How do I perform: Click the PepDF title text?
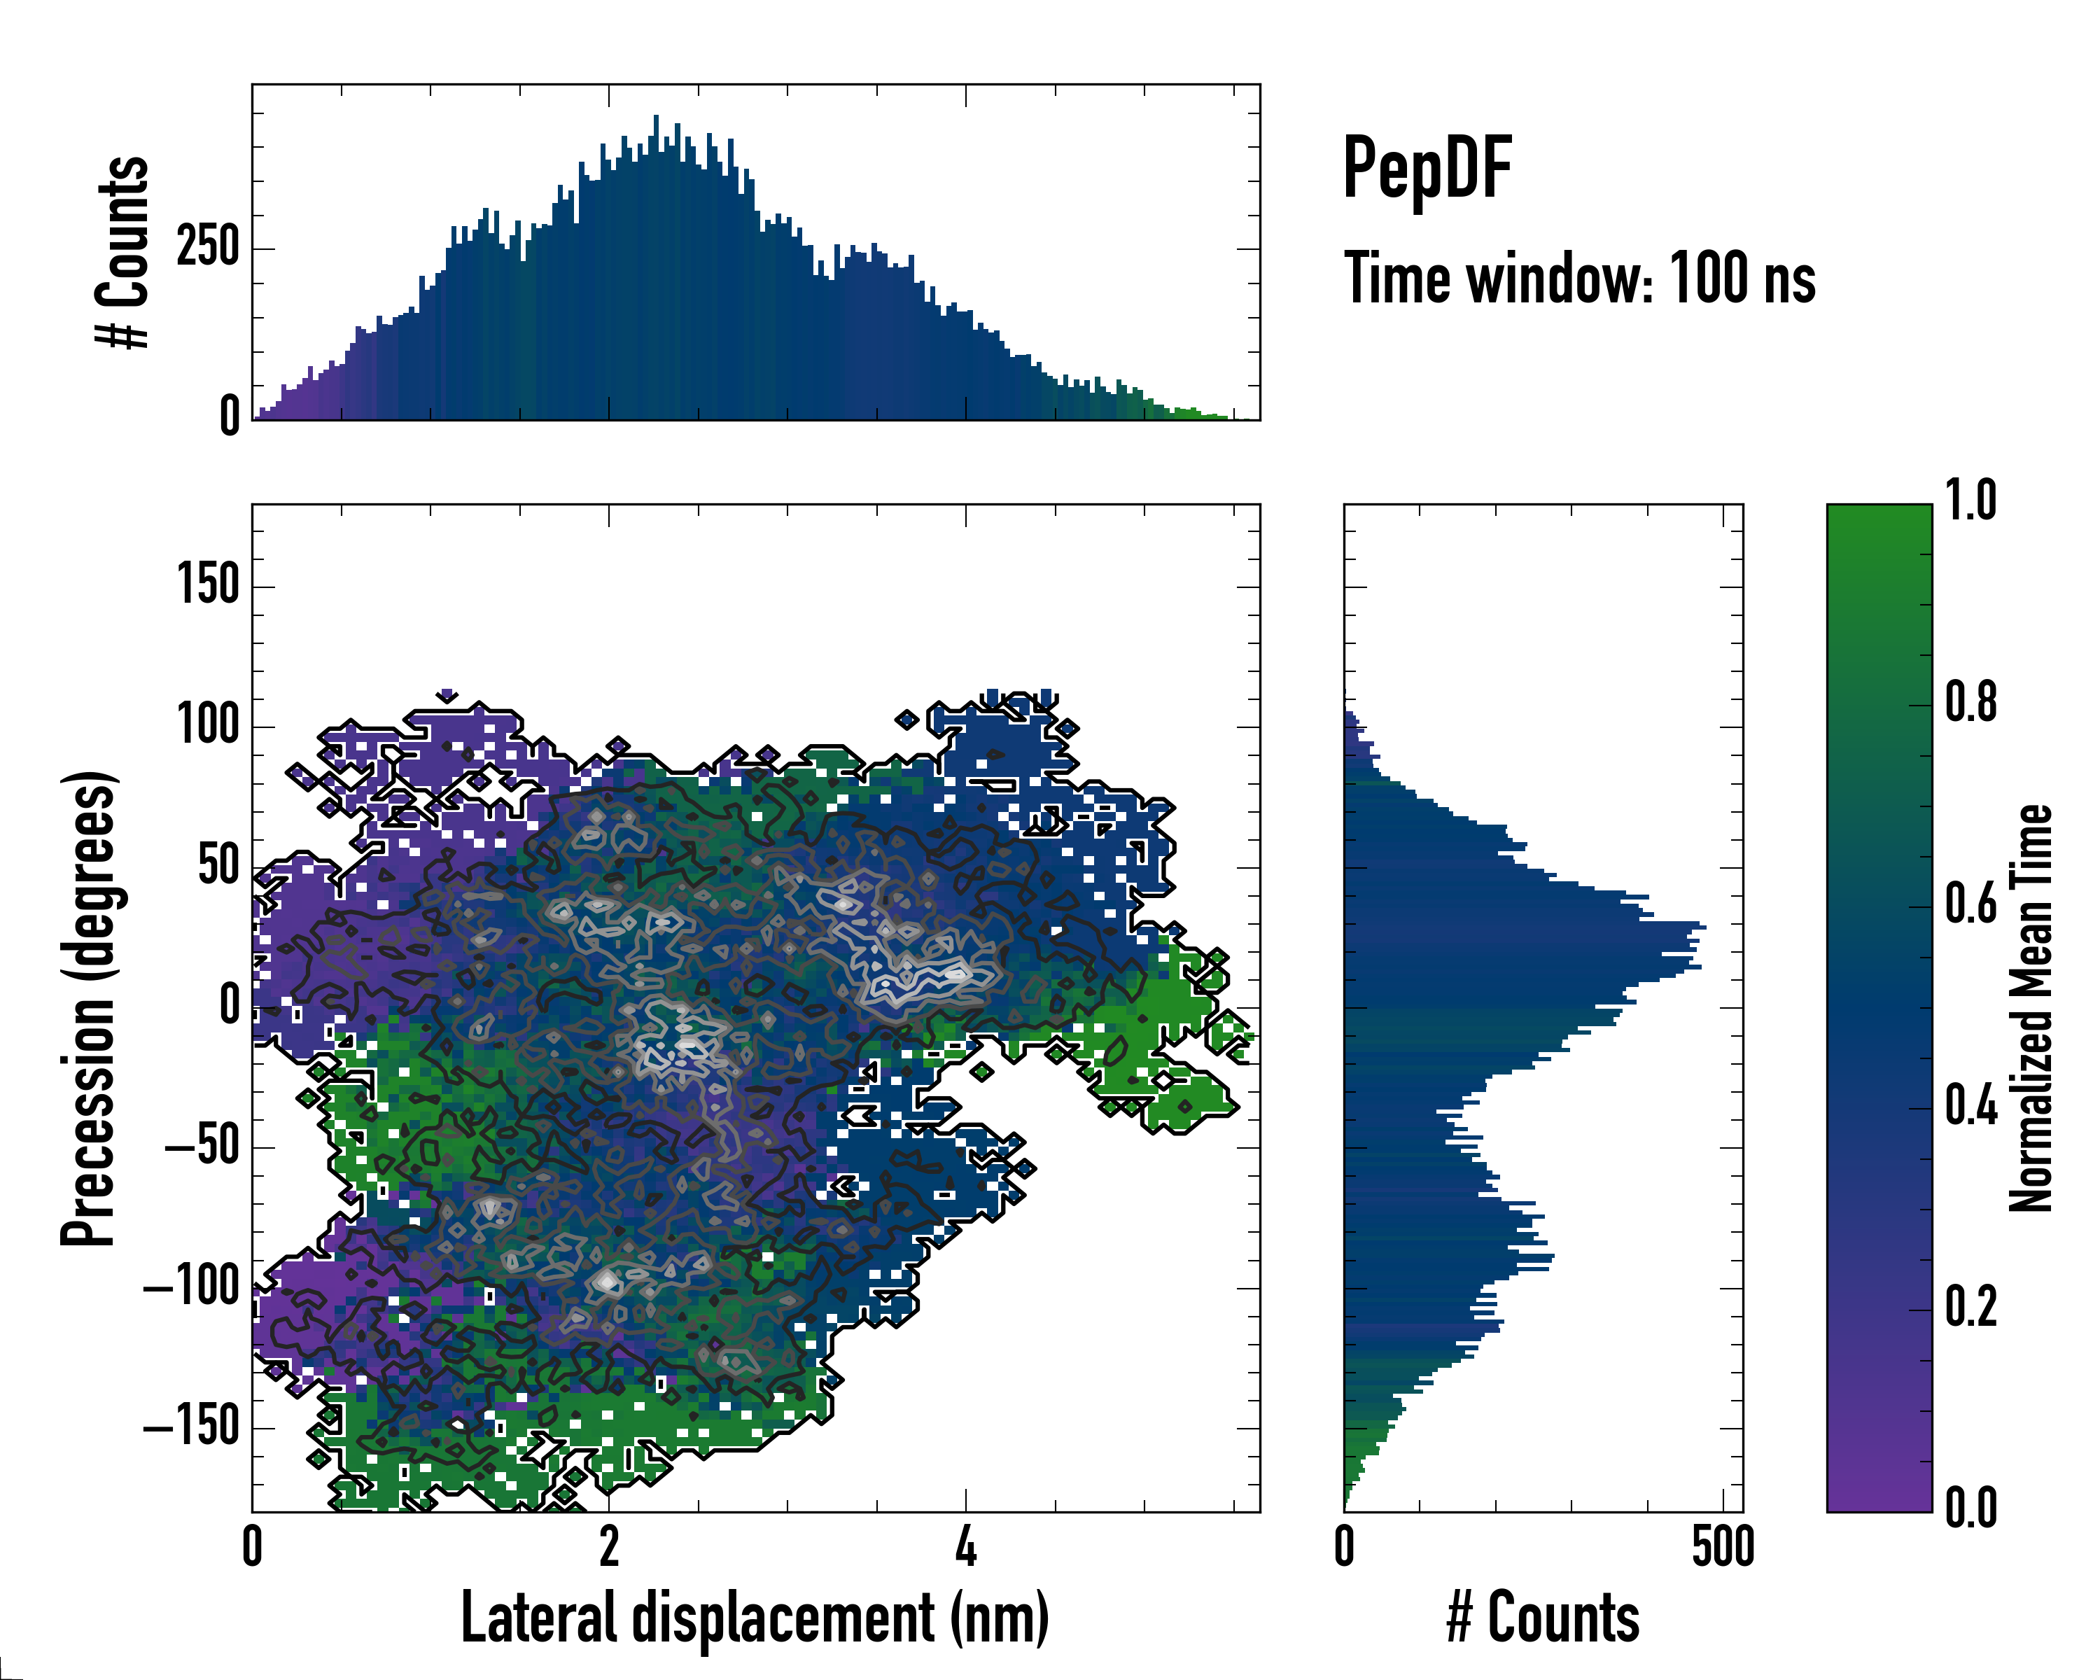(1427, 169)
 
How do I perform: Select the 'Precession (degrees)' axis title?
(90, 1008)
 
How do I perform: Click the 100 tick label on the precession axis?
(207, 726)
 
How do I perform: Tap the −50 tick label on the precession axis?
(202, 1147)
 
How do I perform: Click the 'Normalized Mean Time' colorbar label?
(2031, 1008)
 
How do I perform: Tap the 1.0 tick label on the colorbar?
(1970, 502)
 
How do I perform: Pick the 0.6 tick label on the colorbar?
(1970, 905)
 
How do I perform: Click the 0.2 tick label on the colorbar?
(1970, 1308)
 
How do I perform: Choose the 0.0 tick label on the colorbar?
(1970, 1508)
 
